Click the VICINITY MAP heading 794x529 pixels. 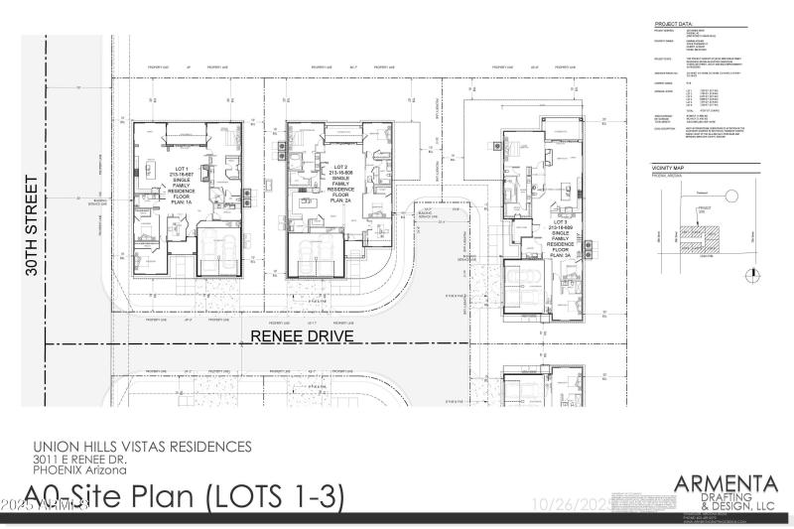point(670,170)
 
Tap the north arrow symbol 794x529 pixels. point(753,273)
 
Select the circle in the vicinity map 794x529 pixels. point(731,198)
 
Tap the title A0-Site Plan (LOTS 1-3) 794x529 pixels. point(185,495)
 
